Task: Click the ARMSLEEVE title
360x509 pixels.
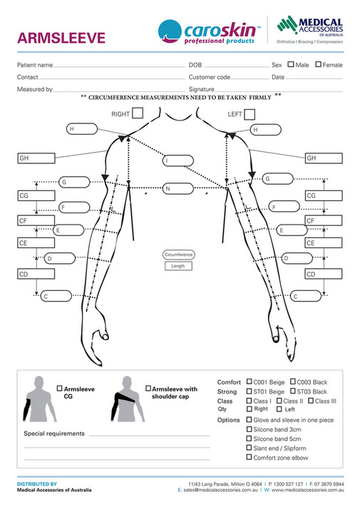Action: coord(61,37)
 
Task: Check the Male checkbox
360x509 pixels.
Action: coord(291,65)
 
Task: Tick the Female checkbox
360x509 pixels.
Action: coord(319,65)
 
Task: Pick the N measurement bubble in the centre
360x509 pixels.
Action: coord(178,189)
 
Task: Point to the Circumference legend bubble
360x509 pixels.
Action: coord(178,254)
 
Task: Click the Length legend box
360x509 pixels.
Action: coord(178,266)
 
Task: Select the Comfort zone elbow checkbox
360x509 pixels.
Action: coord(249,458)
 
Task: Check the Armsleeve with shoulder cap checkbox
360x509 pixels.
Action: coord(148,389)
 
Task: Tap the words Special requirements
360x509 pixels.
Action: coord(54,433)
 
